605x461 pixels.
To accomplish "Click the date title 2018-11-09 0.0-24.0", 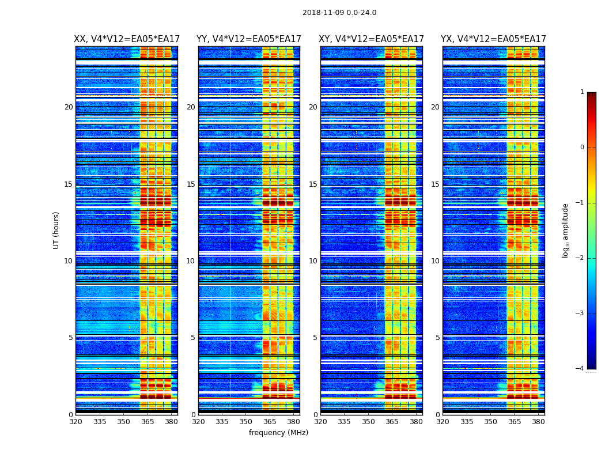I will tap(339, 13).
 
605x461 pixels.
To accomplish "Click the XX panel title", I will tap(127, 39).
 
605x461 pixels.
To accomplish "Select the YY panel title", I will tap(249, 39).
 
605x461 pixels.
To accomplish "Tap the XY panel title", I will tap(372, 39).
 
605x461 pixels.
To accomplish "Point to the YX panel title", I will tap(493, 39).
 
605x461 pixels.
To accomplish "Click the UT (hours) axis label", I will tap(56, 230).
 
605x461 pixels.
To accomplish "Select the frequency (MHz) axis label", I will tap(278, 433).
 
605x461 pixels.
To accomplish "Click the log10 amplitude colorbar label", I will tap(566, 230).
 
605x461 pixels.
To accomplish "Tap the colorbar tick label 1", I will tap(582, 92).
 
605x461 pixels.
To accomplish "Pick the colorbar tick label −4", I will tap(581, 369).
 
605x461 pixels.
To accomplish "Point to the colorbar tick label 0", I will tap(582, 148).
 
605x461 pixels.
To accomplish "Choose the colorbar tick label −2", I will tap(581, 258).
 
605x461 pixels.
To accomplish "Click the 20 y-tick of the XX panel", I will tap(69, 107).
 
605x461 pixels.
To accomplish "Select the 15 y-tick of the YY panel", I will tap(191, 184).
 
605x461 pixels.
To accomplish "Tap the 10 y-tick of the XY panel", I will tap(313, 261).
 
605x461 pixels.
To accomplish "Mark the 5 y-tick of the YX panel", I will tap(438, 338).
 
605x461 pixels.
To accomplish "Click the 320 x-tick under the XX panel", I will tap(76, 422).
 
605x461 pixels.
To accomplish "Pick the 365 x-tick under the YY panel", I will tap(270, 422).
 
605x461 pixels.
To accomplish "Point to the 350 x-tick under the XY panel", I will tap(368, 422).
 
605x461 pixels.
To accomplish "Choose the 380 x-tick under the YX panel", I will tap(538, 422).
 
